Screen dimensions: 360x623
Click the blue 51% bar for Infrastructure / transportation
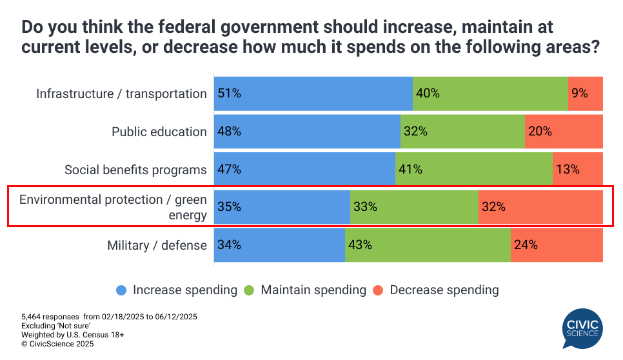[x=313, y=94]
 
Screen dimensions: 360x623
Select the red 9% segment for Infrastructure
[x=586, y=94]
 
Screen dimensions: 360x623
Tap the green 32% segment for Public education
[x=462, y=132]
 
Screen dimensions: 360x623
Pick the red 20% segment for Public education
[x=564, y=132]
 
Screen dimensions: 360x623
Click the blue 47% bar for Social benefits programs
[x=304, y=170]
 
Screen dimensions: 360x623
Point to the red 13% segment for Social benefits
[x=578, y=170]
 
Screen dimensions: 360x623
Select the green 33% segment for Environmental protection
[x=414, y=207]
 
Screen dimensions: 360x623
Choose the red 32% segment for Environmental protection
[x=540, y=207]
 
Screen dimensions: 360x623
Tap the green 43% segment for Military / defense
[x=428, y=245]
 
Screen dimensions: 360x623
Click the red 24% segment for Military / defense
[x=557, y=245]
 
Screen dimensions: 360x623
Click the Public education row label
[x=159, y=132]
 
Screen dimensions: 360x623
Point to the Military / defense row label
[x=157, y=245]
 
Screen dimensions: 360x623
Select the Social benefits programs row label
[x=135, y=170]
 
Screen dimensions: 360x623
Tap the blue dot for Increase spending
[x=121, y=290]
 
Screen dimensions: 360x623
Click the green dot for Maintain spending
[x=249, y=290]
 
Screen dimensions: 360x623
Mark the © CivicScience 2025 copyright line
[x=57, y=345]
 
